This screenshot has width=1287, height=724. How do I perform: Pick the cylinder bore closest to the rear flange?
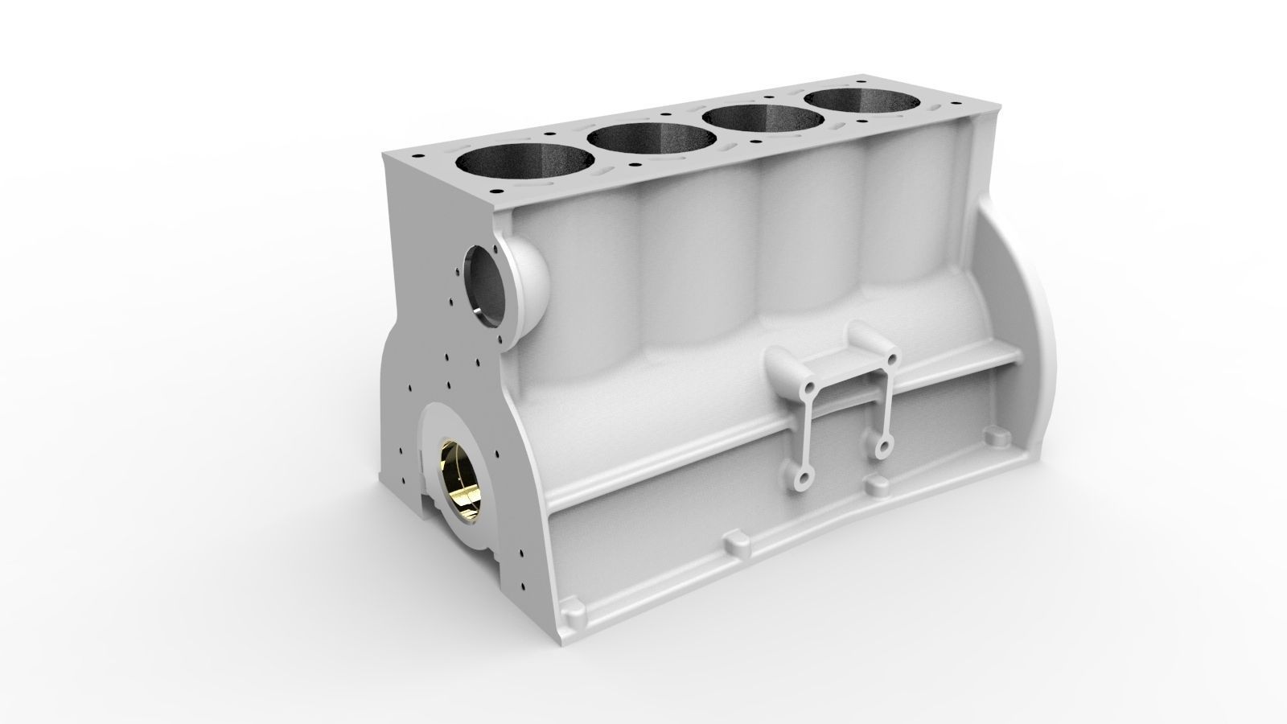click(861, 101)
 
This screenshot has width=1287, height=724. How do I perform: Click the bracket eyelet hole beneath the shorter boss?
click(884, 446)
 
